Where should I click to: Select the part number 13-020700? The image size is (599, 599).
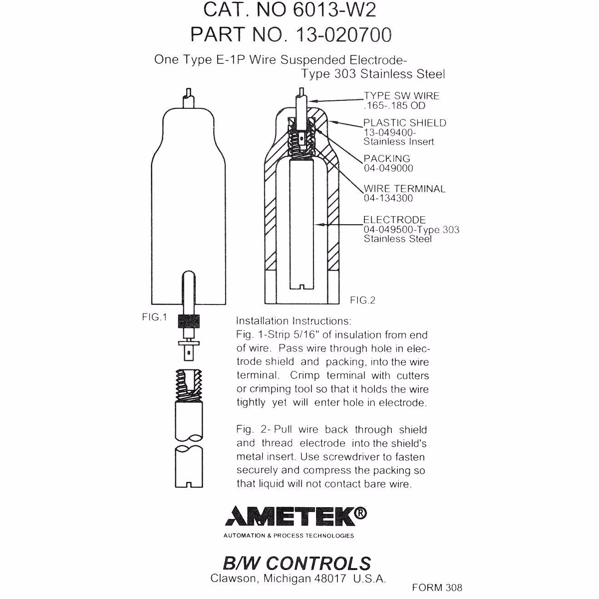(344, 34)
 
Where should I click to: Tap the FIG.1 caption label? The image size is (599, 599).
(154, 317)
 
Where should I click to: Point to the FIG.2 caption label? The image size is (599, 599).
(362, 300)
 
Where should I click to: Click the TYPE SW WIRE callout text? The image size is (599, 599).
(401, 96)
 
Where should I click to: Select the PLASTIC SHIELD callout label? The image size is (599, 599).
(404, 123)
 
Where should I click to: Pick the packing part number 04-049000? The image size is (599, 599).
(388, 168)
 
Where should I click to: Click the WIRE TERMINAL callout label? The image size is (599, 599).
(404, 189)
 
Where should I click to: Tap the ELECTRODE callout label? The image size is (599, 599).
(394, 220)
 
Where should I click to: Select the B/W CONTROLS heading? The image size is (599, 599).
(297, 563)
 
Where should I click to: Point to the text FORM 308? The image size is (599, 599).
(437, 588)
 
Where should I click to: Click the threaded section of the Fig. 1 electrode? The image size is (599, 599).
(188, 385)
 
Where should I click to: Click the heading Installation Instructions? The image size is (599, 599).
(294, 320)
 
